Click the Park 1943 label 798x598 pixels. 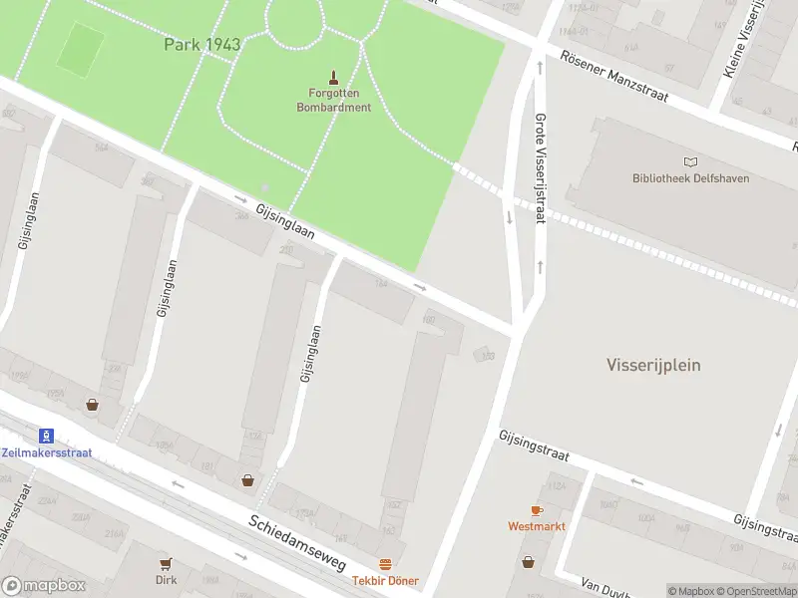click(x=202, y=44)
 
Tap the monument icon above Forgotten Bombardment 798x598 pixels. click(x=333, y=76)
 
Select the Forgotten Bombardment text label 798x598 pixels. click(x=333, y=100)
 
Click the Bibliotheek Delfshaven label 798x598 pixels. click(x=690, y=178)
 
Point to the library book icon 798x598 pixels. click(x=690, y=161)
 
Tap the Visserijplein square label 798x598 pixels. click(x=653, y=365)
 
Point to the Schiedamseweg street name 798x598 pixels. click(x=296, y=542)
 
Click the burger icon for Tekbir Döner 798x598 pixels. click(x=385, y=564)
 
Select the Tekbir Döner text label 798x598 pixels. click(x=385, y=581)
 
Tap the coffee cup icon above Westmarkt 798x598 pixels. click(x=536, y=509)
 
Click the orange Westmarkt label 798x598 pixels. click(x=536, y=525)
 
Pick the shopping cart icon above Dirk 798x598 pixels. click(x=166, y=562)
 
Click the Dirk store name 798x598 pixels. click(x=166, y=579)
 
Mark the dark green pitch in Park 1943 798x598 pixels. click(x=80, y=50)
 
